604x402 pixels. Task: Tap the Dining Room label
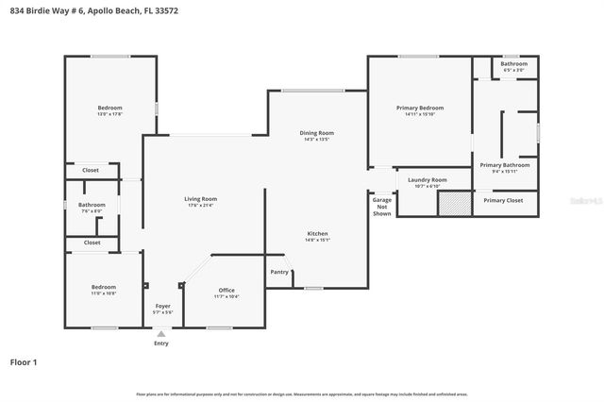coord(316,133)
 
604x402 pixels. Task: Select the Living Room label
coord(200,199)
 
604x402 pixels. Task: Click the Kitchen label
coord(317,233)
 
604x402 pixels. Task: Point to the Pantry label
coord(279,272)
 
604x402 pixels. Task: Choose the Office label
coord(226,290)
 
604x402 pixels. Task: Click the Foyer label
coord(162,307)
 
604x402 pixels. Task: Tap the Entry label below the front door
coord(161,343)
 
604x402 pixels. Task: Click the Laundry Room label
coord(428,179)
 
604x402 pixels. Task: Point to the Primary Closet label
coord(503,200)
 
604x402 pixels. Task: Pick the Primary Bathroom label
coord(504,165)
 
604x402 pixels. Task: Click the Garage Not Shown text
coord(381,207)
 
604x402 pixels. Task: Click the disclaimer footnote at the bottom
coord(302,394)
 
